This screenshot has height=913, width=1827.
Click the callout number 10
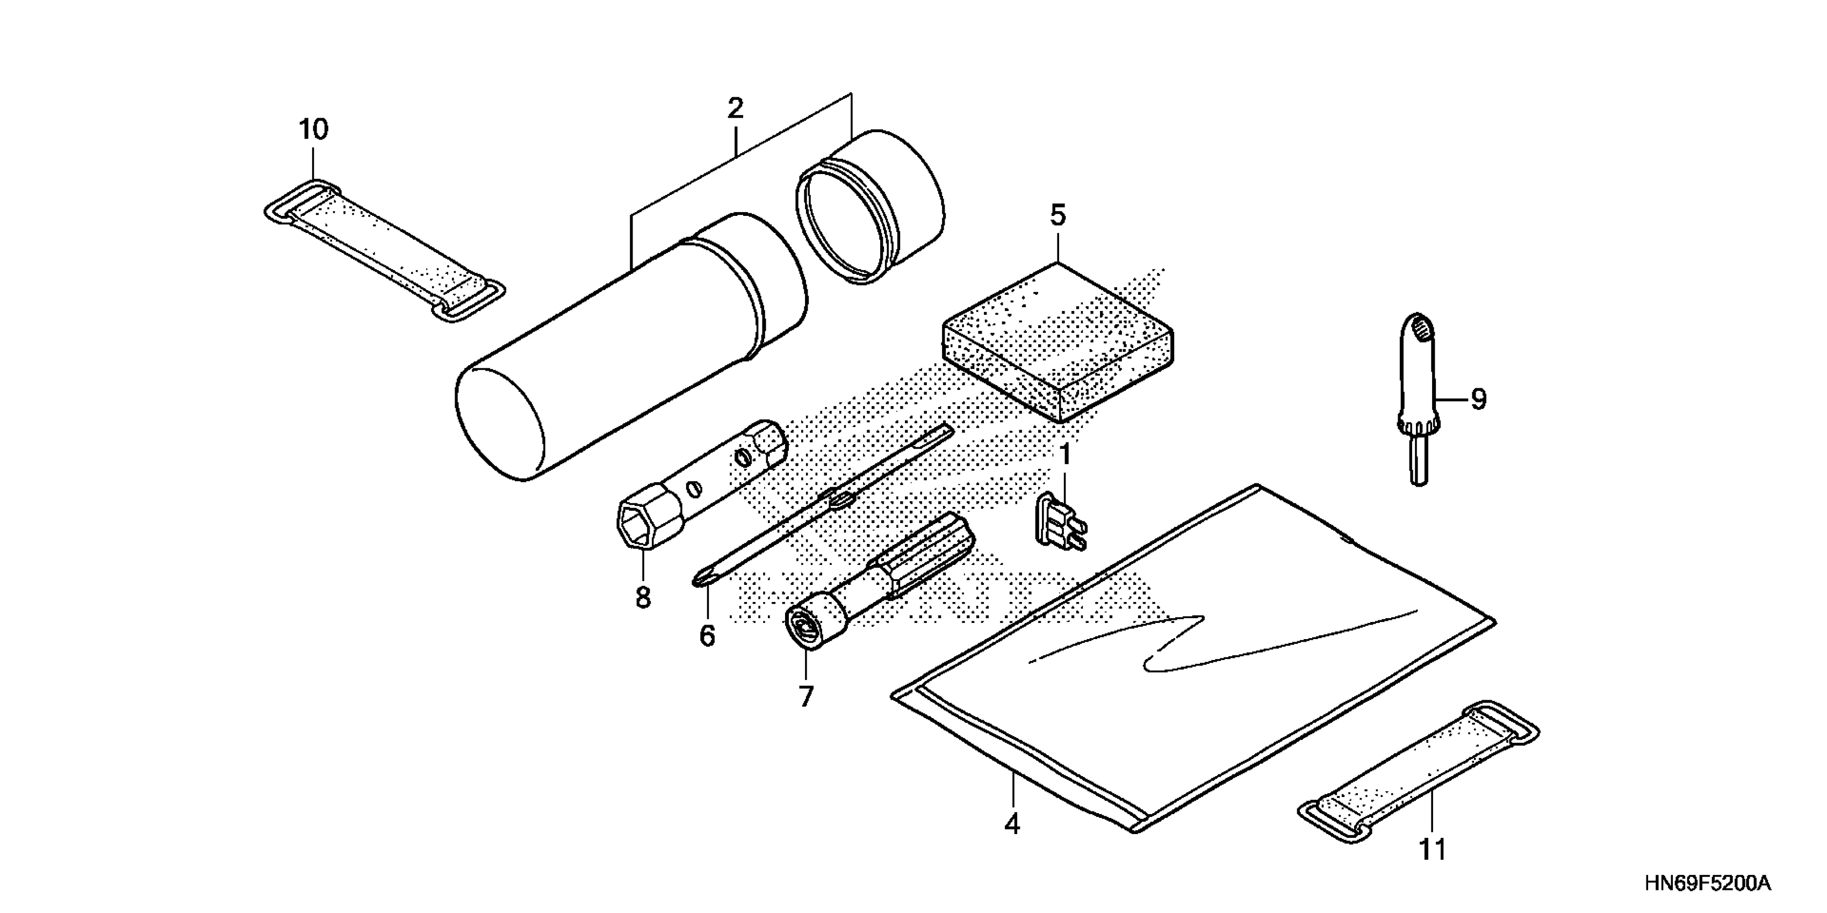coord(313,131)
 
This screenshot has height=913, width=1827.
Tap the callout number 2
coord(736,108)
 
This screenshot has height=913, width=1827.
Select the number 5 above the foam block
coord(1058,215)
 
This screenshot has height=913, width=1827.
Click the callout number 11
coord(1432,849)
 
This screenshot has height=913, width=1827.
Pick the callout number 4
coord(1012,824)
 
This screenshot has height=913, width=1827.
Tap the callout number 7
coord(805,697)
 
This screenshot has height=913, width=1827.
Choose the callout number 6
coord(707,636)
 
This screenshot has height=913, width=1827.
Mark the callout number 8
coord(643,598)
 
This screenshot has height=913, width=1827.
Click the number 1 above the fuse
coord(1064,455)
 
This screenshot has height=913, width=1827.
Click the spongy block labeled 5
coord(1057,344)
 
